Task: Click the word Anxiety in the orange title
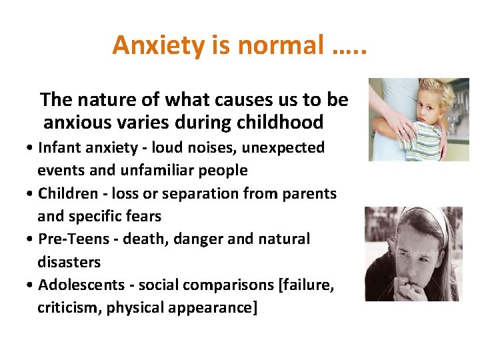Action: pos(150,45)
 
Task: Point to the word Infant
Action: pos(59,147)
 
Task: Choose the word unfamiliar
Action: pos(156,170)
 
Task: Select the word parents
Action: pos(312,193)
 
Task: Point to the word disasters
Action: pos(69,262)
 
